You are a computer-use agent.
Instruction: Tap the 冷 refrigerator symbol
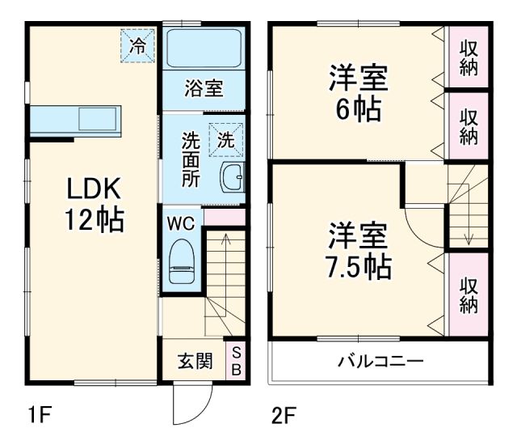(x=138, y=45)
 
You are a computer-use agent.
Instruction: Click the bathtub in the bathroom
(x=204, y=49)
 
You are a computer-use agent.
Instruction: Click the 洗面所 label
(x=191, y=159)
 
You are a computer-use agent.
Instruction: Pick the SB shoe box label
(x=237, y=361)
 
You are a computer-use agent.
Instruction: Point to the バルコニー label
(x=380, y=361)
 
